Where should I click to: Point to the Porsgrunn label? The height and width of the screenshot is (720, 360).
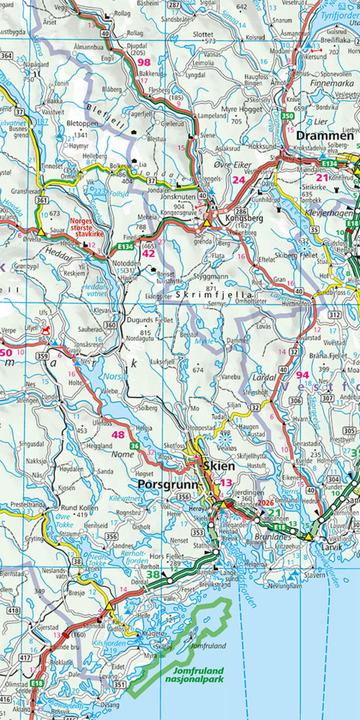pos(173,485)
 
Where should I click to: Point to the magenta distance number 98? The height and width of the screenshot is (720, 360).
pos(145,62)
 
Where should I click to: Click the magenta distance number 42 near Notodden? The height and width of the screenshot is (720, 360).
pos(148,253)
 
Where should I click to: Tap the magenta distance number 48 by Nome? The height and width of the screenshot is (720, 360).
pos(119,434)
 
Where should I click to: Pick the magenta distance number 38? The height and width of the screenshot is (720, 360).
pos(153,574)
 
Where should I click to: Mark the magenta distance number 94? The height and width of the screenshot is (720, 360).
pos(302,374)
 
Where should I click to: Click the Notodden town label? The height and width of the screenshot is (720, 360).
pos(125,262)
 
